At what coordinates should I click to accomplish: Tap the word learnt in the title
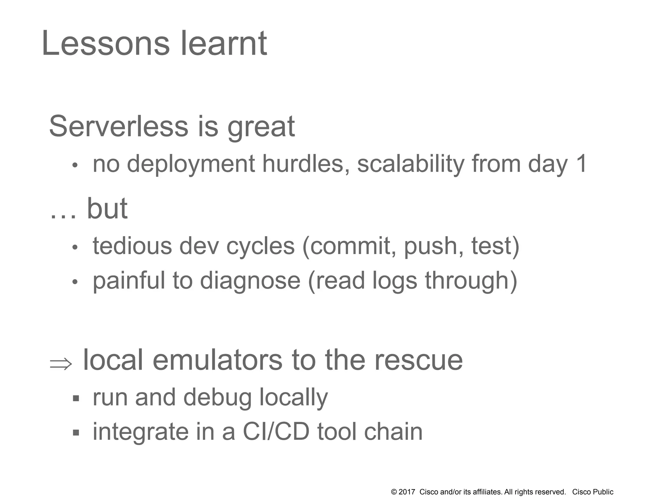pos(224,43)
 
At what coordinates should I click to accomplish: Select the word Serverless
pos(118,126)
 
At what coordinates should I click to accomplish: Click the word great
pos(261,128)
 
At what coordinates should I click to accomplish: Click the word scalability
pos(411,164)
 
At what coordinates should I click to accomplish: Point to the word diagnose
pos(250,281)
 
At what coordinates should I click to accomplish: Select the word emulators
pos(217,360)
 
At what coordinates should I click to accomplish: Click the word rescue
pos(418,361)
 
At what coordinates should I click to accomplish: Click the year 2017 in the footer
pos(407,492)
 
